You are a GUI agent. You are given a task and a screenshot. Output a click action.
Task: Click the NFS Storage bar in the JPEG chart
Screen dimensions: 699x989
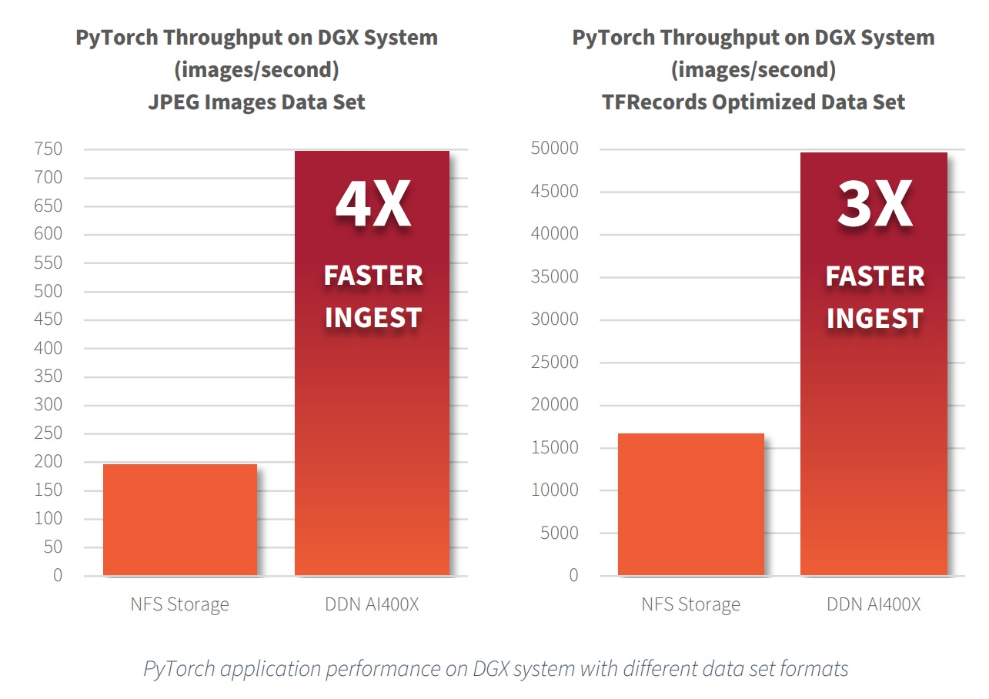pyautogui.click(x=179, y=520)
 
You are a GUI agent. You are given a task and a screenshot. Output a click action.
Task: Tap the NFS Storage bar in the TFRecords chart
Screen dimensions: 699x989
pyautogui.click(x=690, y=504)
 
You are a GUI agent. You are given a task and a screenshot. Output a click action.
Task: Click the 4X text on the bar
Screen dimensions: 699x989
pyautogui.click(x=373, y=206)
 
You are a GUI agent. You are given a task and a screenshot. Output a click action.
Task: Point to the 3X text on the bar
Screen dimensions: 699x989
pyautogui.click(x=874, y=206)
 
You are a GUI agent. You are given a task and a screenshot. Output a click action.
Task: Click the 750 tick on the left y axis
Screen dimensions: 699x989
pyautogui.click(x=48, y=149)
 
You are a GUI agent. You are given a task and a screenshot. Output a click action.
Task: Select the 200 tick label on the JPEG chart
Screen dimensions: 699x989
pyautogui.click(x=48, y=462)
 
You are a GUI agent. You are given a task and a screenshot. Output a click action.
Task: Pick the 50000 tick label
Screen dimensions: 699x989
pyautogui.click(x=554, y=149)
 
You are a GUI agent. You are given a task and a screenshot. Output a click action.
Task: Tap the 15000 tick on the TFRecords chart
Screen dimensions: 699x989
pyautogui.click(x=554, y=448)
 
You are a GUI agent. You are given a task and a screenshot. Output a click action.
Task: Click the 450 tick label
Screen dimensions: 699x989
pyautogui.click(x=48, y=319)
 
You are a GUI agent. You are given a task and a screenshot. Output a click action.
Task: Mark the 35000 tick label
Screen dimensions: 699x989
pyautogui.click(x=554, y=277)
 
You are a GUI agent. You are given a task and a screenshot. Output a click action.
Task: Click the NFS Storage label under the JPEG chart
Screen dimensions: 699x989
pyautogui.click(x=179, y=604)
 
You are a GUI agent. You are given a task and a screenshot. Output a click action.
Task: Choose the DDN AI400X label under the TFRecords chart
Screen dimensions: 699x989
pyautogui.click(x=874, y=604)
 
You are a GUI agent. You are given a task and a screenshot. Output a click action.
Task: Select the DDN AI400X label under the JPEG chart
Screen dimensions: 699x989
pyautogui.click(x=372, y=604)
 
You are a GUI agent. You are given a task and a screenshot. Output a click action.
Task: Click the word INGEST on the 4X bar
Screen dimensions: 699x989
pyautogui.click(x=373, y=317)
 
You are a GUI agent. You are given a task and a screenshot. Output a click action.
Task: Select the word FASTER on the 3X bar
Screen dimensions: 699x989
pyautogui.click(x=874, y=276)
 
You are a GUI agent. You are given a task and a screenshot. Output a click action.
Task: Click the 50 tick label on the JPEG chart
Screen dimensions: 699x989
pyautogui.click(x=52, y=547)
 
